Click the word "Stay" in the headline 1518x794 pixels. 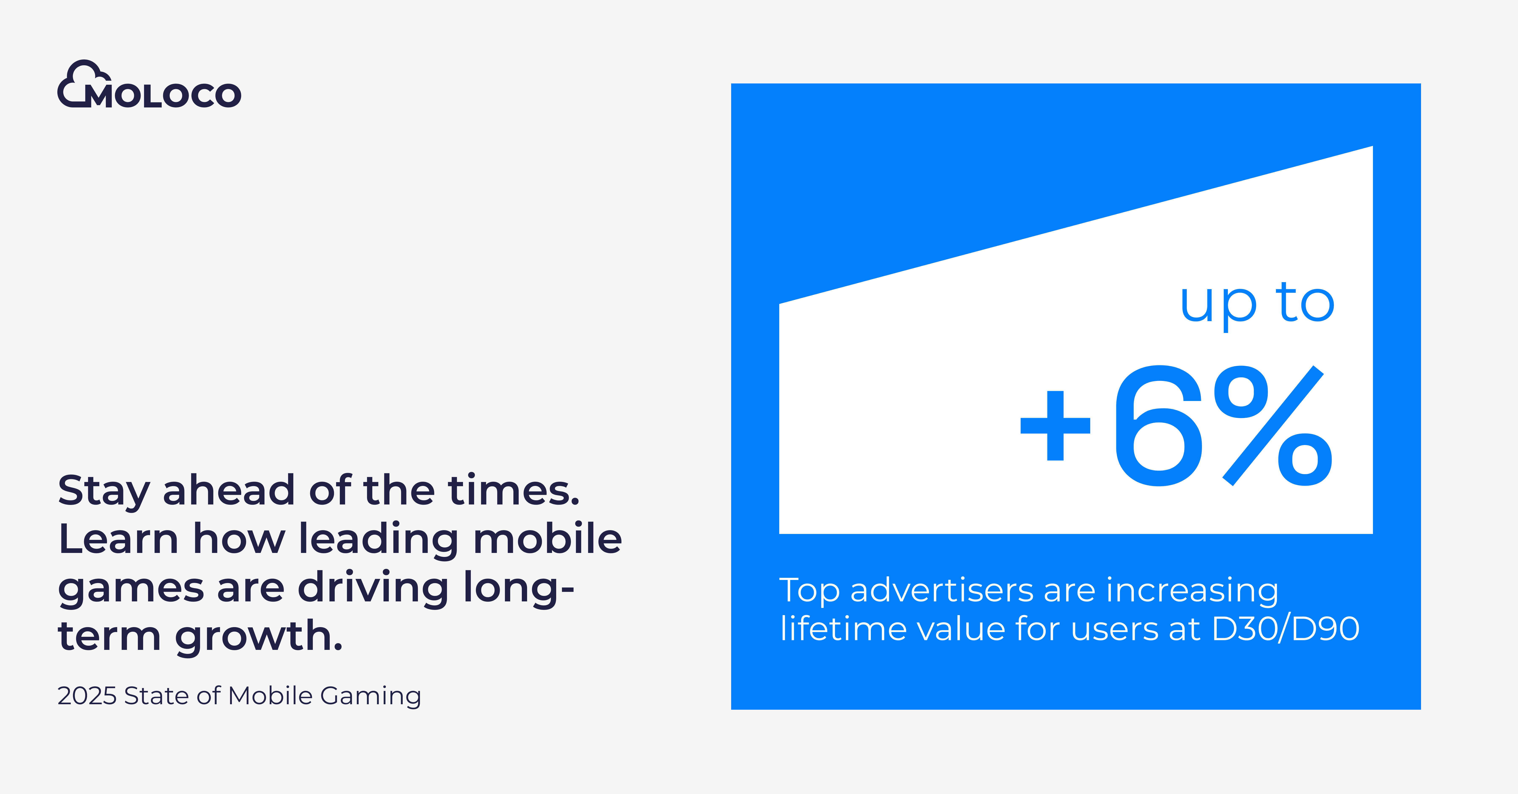(x=104, y=492)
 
